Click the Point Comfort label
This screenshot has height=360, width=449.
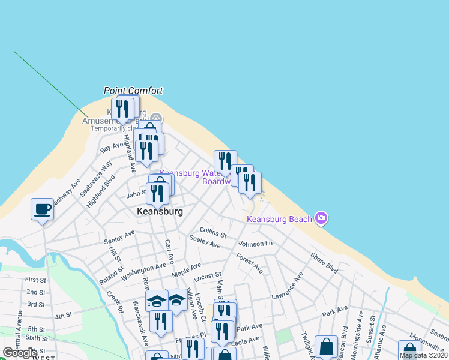[133, 91]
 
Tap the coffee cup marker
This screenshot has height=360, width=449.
[42, 209]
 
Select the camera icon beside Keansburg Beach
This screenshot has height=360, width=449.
[321, 218]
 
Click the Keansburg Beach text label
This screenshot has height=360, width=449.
[280, 219]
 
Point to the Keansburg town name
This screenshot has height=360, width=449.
[160, 212]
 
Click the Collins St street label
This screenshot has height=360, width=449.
[213, 232]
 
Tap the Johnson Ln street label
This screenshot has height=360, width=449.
[255, 244]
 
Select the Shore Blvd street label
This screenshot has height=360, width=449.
[324, 262]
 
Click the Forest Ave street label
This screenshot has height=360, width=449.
[249, 263]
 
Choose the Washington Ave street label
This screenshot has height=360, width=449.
[143, 272]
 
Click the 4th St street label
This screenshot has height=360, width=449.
[63, 316]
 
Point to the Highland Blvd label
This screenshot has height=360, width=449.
[100, 191]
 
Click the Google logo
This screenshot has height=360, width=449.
[20, 353]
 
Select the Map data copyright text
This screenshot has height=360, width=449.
[423, 355]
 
